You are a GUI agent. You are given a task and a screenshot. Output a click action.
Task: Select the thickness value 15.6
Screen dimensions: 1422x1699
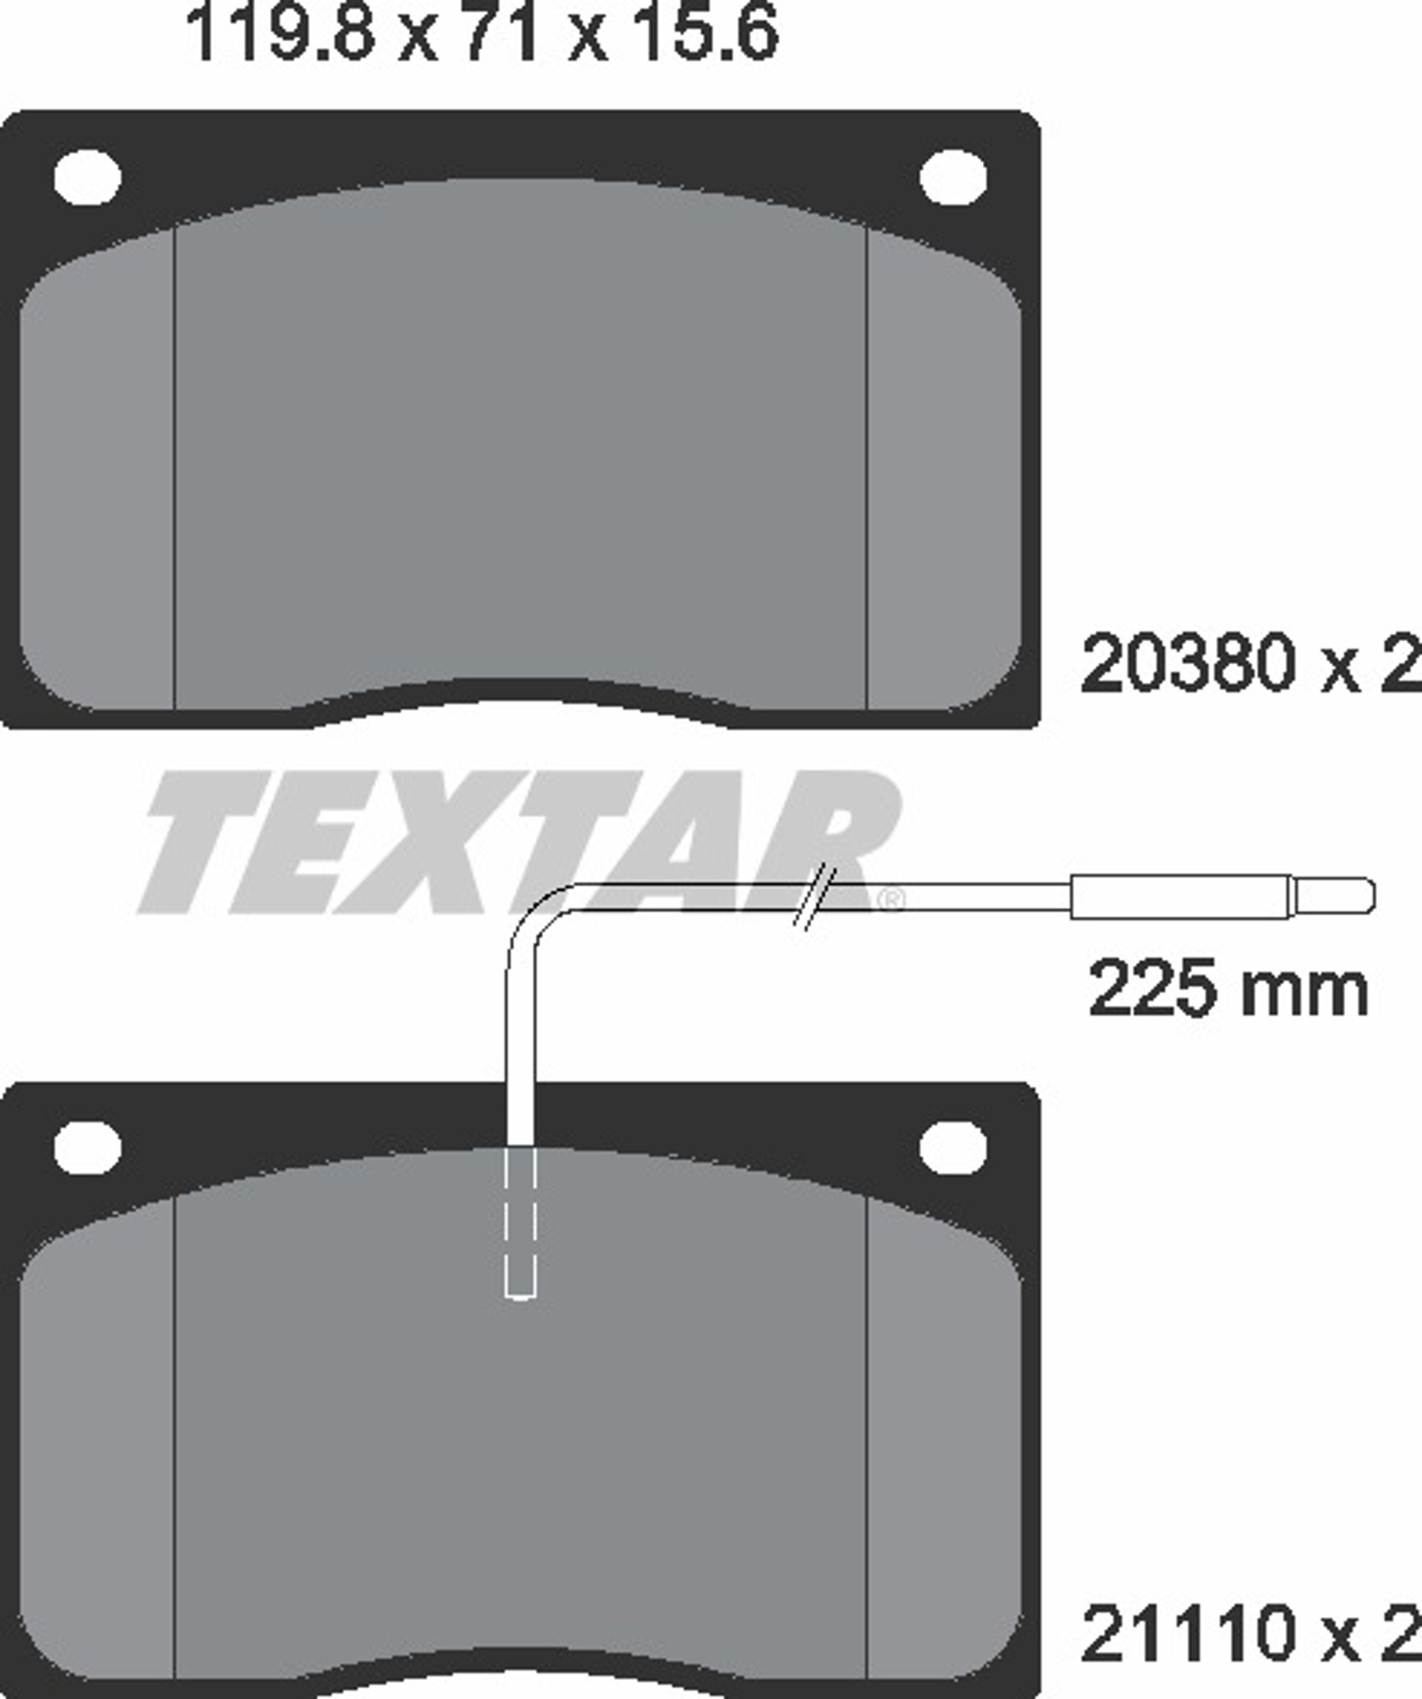click(x=705, y=32)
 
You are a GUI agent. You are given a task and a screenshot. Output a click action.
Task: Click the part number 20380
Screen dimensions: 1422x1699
click(x=1187, y=663)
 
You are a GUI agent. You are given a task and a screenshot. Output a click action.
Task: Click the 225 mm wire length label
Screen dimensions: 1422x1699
click(x=1228, y=989)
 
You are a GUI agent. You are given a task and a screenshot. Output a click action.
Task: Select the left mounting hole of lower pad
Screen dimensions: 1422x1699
click(x=87, y=1148)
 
